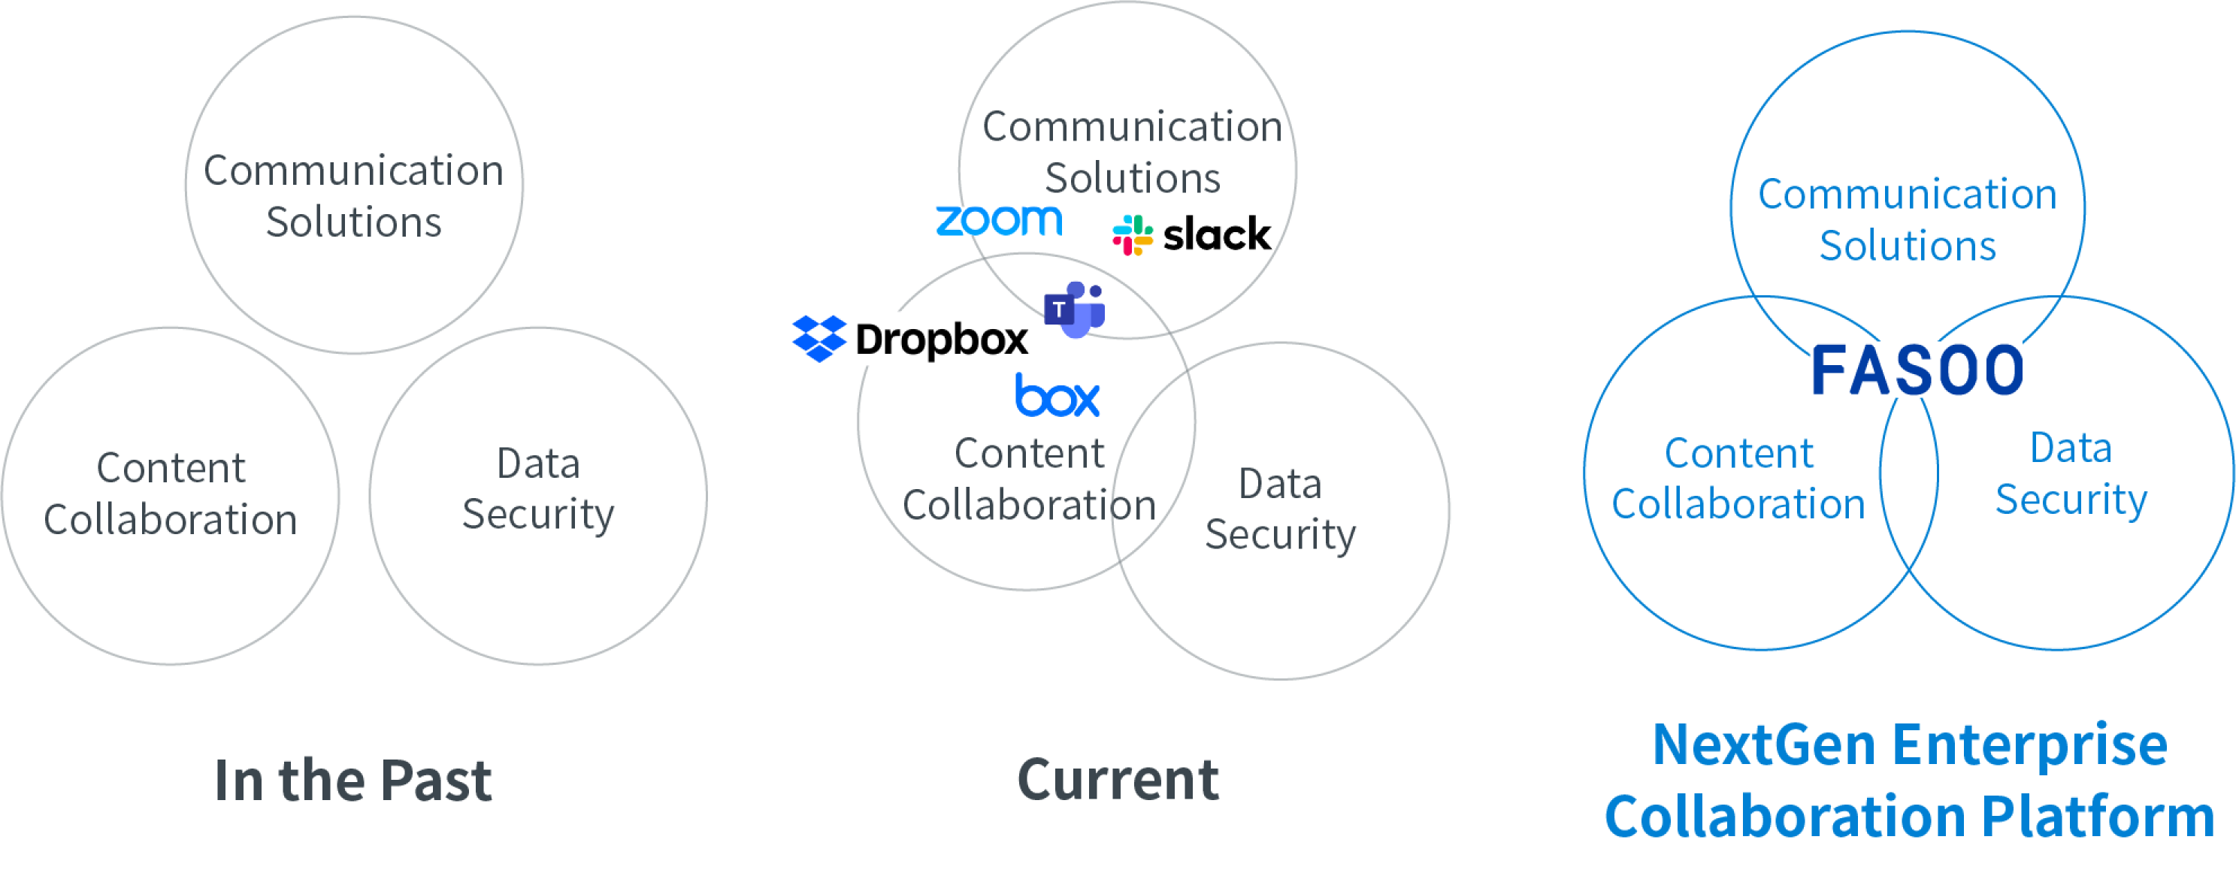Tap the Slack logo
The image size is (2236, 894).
[1193, 234]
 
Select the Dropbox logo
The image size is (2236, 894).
[909, 339]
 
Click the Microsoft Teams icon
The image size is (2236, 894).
[1075, 309]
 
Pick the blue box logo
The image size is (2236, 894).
[1057, 396]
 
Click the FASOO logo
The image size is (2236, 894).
[1916, 370]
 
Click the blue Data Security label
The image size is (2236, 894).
[2071, 474]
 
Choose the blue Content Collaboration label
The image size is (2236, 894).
[1738, 479]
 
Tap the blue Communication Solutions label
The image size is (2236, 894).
[1907, 220]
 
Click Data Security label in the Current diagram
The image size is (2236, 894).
[1280, 509]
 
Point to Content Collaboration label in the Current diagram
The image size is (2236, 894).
[1029, 479]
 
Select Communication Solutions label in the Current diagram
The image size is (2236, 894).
[1132, 152]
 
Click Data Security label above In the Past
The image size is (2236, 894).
[538, 488]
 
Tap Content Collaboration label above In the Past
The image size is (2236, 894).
[171, 493]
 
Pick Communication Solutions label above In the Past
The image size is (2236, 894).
[353, 196]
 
